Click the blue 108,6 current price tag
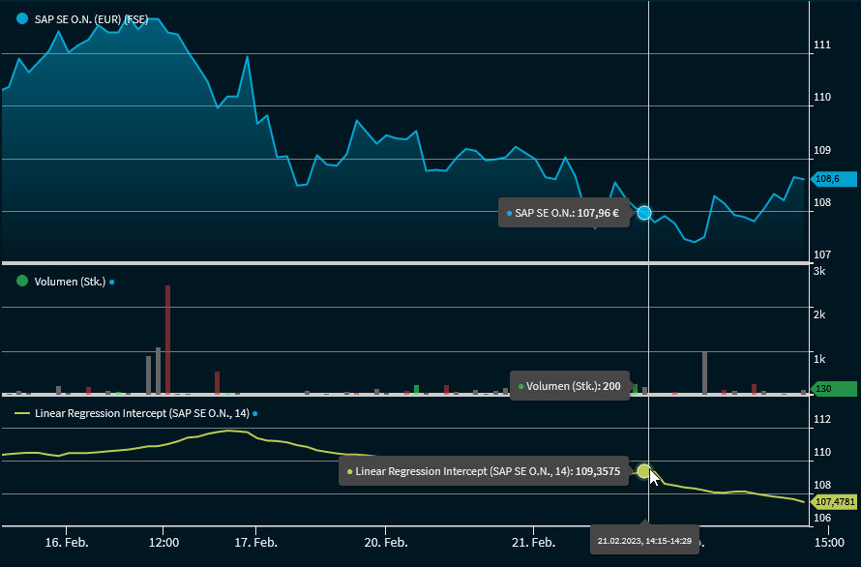833,179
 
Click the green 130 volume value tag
833,389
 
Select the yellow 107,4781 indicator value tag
835,502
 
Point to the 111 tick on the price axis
823,45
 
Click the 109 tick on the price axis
823,150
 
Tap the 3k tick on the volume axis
819,271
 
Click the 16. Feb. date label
68,542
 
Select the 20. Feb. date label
385,542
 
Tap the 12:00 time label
163,542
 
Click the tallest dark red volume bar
167,339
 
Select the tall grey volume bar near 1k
704,373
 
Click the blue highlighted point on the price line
644,212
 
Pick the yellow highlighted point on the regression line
644,471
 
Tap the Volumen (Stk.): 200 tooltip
570,385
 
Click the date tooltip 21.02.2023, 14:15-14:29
644,540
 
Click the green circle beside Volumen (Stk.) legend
22,282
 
